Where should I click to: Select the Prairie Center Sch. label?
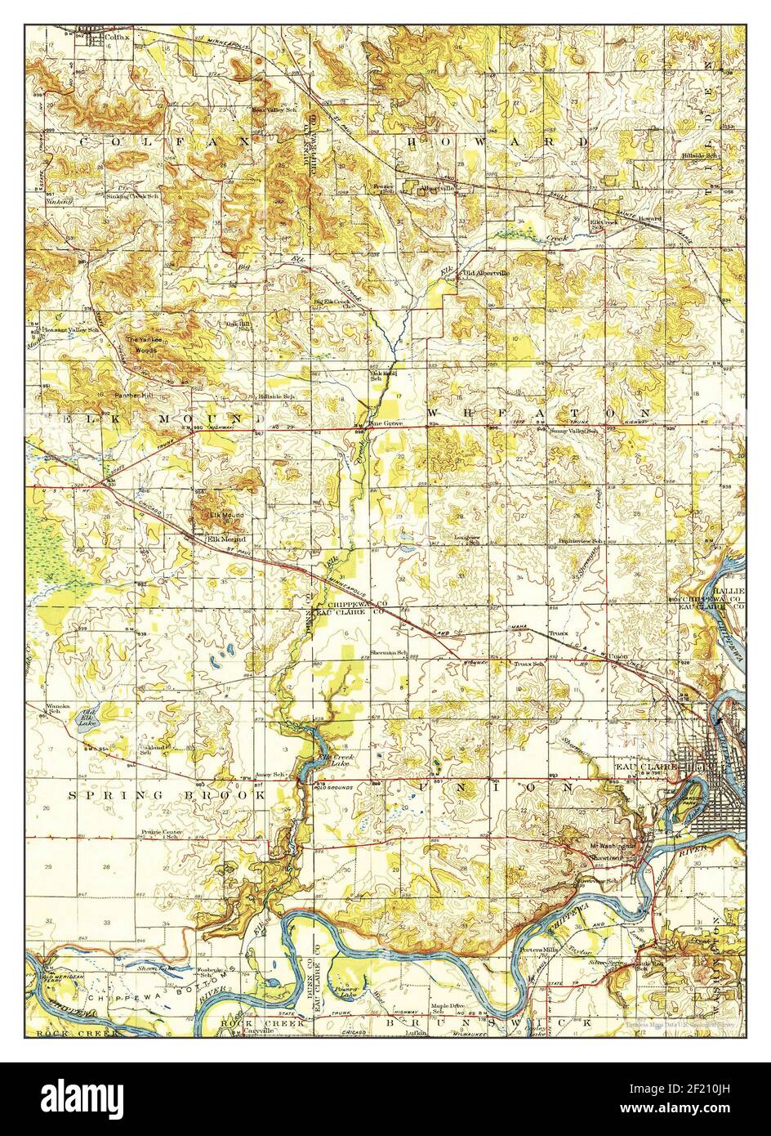tap(160, 834)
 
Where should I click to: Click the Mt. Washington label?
tap(612, 846)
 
